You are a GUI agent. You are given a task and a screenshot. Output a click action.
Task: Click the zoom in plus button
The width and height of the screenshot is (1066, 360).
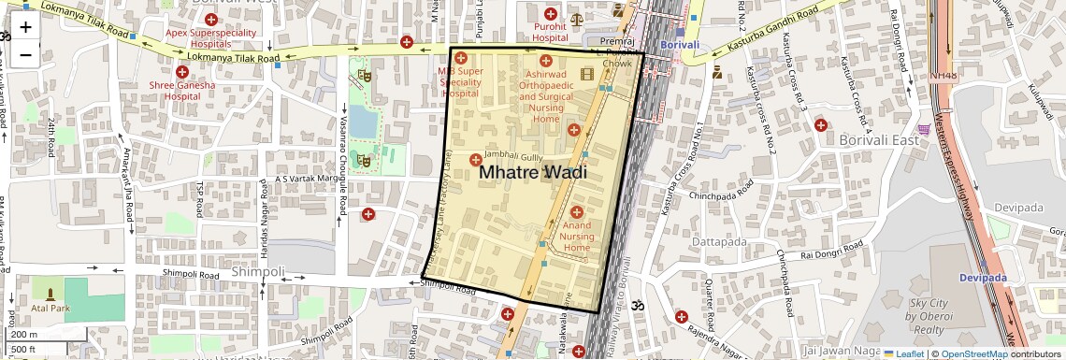[x=25, y=26]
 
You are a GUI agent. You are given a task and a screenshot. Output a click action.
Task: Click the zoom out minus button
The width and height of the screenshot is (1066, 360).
[x=25, y=54]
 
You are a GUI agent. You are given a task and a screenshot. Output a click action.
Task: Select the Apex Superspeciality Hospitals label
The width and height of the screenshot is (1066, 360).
[x=210, y=37]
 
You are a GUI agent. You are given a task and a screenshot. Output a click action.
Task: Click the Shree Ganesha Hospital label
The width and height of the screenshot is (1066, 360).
[x=182, y=90]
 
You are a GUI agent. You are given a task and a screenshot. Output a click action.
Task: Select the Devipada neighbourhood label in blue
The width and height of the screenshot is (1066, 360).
[x=979, y=278]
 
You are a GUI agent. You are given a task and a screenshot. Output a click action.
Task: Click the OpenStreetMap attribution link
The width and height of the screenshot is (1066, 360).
[x=973, y=354]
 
